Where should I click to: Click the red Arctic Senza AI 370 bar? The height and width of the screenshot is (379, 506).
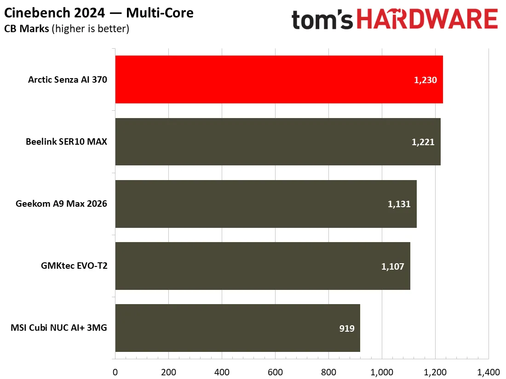click(x=279, y=79)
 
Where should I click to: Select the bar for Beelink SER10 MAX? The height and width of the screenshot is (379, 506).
click(x=278, y=142)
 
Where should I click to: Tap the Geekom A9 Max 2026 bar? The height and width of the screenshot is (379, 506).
click(x=266, y=204)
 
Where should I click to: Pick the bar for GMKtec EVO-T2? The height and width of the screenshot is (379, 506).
click(x=263, y=266)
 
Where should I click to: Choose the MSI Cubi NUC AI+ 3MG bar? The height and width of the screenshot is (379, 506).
click(x=238, y=328)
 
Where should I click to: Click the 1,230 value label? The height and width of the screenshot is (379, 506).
click(x=425, y=80)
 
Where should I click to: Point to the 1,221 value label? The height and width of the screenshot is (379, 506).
click(x=423, y=142)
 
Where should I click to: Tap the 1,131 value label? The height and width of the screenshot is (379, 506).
click(x=399, y=204)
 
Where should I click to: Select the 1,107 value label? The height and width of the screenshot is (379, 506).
click(x=392, y=266)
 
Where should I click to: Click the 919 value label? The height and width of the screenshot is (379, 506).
click(x=347, y=328)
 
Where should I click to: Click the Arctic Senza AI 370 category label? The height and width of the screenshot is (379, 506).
click(x=68, y=79)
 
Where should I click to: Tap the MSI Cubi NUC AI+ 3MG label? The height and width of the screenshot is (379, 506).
click(x=59, y=328)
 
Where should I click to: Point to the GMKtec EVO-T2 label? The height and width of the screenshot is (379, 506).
click(x=74, y=266)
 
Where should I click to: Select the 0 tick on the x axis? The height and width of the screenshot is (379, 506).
click(x=115, y=372)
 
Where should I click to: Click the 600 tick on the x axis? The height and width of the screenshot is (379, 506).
click(x=275, y=372)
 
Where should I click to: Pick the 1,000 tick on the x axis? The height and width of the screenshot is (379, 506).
click(x=382, y=372)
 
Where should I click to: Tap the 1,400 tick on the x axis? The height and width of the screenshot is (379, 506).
click(x=489, y=372)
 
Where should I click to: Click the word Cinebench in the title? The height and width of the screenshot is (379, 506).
click(x=37, y=13)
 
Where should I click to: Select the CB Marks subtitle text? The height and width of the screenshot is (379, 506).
click(x=27, y=28)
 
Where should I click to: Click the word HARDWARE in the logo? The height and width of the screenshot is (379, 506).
click(x=427, y=19)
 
